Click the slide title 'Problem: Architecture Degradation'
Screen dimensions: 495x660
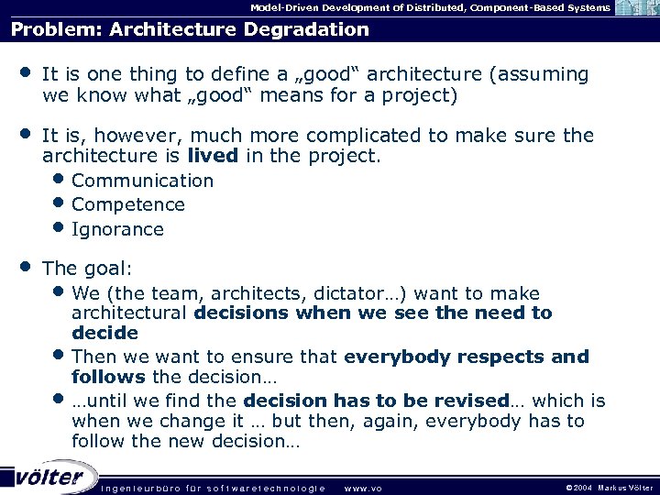(x=190, y=29)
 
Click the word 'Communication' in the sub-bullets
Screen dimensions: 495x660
(x=142, y=181)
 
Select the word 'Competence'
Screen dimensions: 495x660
(x=128, y=204)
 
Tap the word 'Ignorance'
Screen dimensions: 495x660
(x=117, y=229)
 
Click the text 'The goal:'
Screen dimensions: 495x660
(x=87, y=269)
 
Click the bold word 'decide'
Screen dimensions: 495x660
(x=104, y=333)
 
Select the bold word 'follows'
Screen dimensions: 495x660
(x=108, y=377)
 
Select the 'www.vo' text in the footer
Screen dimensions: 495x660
(x=362, y=488)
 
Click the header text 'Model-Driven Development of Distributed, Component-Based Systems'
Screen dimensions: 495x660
(x=430, y=7)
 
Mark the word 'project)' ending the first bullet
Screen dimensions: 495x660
(x=421, y=95)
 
